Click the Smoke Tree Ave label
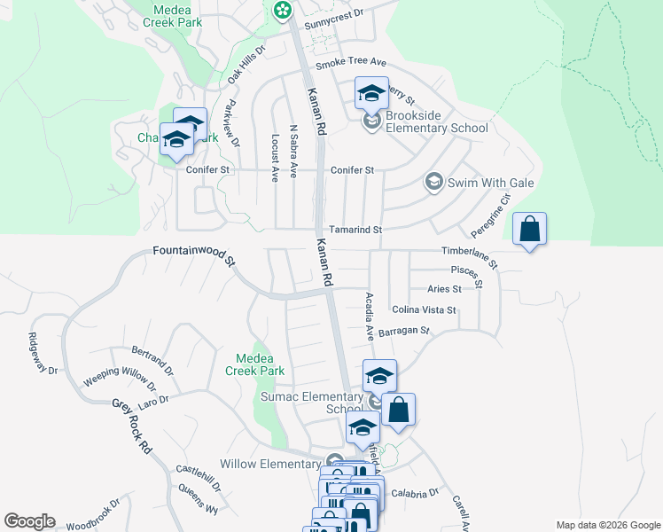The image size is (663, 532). click(x=352, y=62)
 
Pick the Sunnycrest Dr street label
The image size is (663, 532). click(x=334, y=14)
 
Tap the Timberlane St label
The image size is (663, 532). click(x=471, y=257)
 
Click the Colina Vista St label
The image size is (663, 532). click(x=424, y=310)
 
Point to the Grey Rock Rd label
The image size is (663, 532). click(x=131, y=426)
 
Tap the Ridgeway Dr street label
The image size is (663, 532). click(x=42, y=353)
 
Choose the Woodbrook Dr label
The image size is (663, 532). click(x=92, y=517)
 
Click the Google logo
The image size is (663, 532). click(x=29, y=521)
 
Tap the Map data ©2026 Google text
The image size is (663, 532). click(x=607, y=525)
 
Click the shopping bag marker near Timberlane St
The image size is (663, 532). click(x=529, y=230)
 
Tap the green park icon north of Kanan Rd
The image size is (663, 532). click(x=282, y=11)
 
